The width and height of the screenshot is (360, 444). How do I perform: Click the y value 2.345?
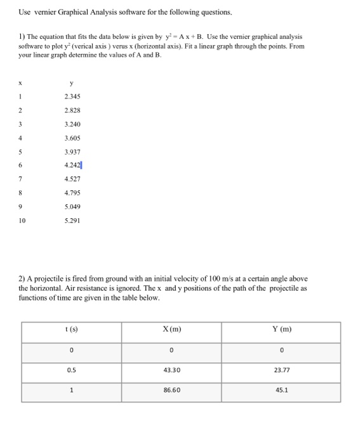coord(72,96)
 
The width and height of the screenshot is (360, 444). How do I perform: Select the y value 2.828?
coord(72,110)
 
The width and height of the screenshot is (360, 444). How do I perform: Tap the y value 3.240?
coord(72,124)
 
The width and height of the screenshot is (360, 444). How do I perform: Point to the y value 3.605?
coord(72,138)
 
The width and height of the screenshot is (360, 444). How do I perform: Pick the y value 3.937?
coord(72,152)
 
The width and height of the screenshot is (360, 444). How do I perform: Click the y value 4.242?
coord(72,166)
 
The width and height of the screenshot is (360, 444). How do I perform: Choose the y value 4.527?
coord(72,180)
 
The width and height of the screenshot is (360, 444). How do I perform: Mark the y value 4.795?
coord(72,193)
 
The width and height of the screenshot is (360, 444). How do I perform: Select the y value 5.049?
coord(72,207)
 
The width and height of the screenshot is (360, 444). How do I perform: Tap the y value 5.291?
coord(72,221)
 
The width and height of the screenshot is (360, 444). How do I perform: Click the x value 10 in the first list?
coord(22,221)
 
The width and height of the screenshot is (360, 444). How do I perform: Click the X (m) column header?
coord(171,329)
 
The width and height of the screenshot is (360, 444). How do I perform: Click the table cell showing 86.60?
coord(171,391)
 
